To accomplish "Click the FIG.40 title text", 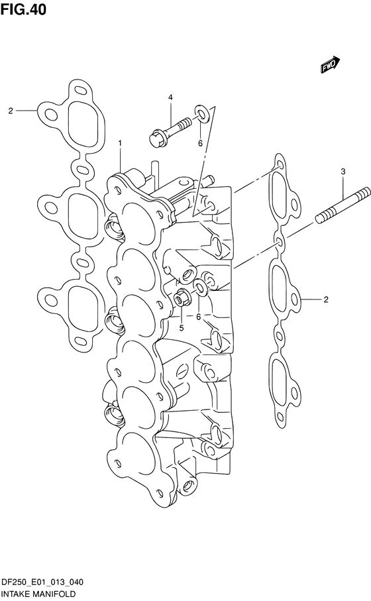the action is coord(23,9).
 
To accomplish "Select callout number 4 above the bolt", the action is coord(170,97).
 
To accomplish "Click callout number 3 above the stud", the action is coord(343,172).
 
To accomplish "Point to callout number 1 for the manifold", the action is coord(120,143).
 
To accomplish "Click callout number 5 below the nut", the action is coord(182,328).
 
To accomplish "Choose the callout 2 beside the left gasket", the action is coord(11,111).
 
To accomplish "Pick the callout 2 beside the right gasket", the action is coord(326,299).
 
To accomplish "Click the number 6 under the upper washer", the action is coord(200,143).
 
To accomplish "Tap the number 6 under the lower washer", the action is coord(198,317).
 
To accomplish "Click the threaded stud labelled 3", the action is coord(343,205).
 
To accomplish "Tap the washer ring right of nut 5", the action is coord(201,288).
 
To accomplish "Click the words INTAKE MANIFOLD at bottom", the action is coord(38,594).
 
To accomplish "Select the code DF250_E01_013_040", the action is coord(42,582).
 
